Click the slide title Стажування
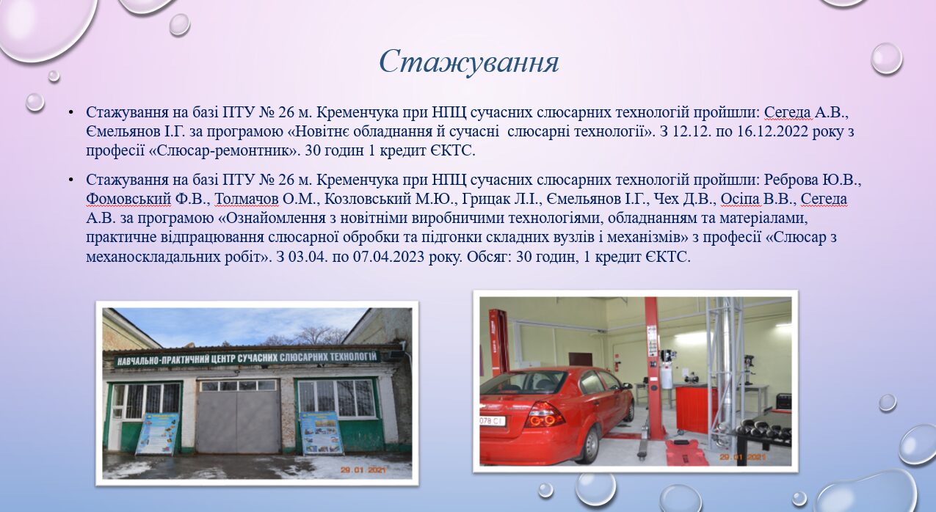click(469, 62)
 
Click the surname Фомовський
click(128, 200)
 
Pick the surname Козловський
click(368, 200)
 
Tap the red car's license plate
click(493, 420)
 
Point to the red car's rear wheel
click(592, 446)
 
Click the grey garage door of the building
click(238, 417)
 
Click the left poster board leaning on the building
click(157, 434)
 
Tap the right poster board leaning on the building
click(322, 433)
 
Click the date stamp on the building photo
click(363, 469)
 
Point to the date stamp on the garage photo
click(743, 457)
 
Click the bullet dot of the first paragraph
click(71, 113)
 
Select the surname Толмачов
click(247, 200)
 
